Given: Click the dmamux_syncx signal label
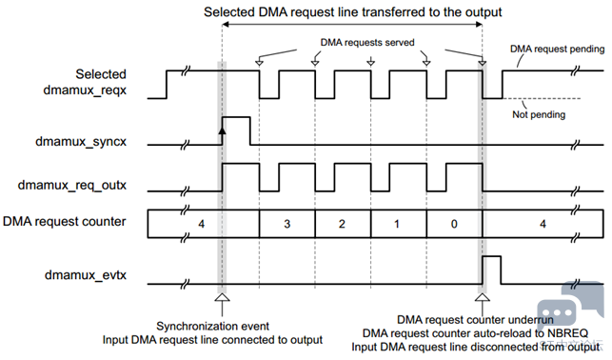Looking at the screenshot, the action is [81, 141].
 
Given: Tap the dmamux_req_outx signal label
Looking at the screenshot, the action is [72, 185].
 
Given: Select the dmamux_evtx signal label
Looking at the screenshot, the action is [86, 275].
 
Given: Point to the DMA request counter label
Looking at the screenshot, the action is [65, 221].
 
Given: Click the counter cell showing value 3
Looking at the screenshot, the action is [286, 224].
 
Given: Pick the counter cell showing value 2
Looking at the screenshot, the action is [343, 224].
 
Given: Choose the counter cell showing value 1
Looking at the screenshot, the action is [398, 224].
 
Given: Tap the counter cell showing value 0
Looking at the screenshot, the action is [454, 224].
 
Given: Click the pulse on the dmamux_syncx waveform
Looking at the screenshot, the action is [236, 117].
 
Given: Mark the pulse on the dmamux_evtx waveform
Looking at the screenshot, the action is [492, 256].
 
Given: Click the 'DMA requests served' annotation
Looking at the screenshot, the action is [367, 42].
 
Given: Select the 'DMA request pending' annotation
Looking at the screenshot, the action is [557, 49].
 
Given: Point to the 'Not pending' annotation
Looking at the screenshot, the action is [539, 114].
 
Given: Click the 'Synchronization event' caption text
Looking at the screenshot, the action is [212, 326].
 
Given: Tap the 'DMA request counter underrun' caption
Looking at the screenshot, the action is [475, 320].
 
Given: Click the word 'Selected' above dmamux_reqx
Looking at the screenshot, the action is [101, 74].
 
